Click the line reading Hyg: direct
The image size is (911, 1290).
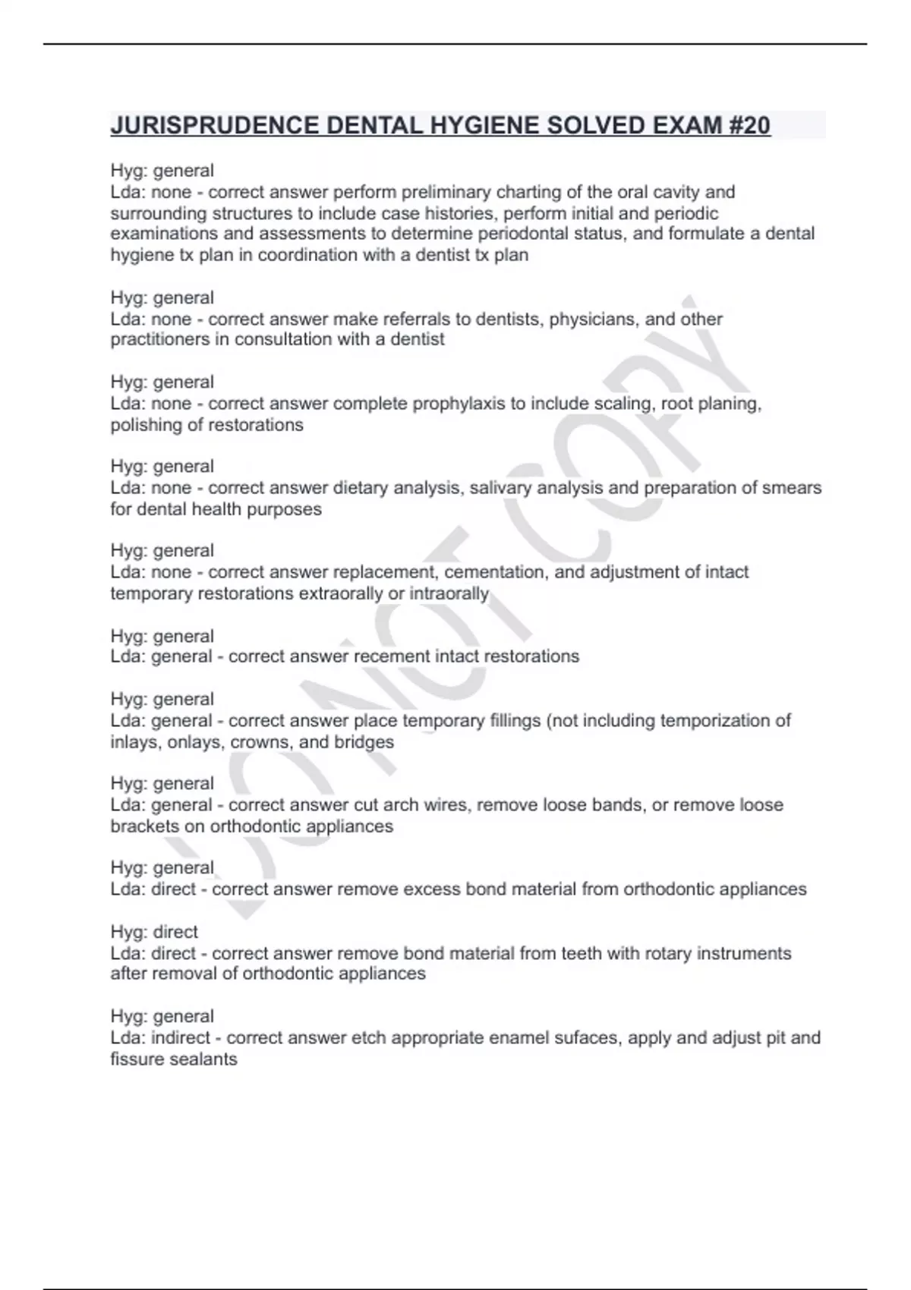pyautogui.click(x=154, y=932)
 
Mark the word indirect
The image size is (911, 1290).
pyautogui.click(x=181, y=1037)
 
